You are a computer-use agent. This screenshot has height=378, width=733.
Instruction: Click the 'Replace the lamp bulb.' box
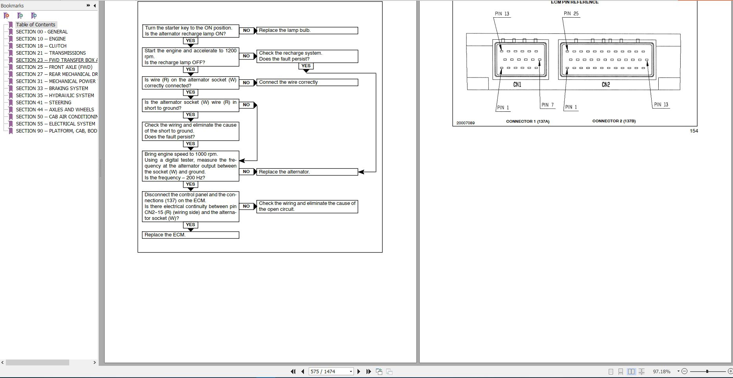pyautogui.click(x=307, y=30)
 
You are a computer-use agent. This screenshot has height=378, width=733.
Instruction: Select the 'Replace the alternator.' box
pyautogui.click(x=307, y=172)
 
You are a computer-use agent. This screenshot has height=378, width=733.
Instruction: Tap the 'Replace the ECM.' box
pyautogui.click(x=190, y=235)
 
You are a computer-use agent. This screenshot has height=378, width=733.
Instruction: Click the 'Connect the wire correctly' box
pyautogui.click(x=307, y=82)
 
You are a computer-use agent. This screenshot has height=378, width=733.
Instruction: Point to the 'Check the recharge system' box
pyautogui.click(x=307, y=56)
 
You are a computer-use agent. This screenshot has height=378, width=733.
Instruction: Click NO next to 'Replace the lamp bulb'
pyautogui.click(x=247, y=30)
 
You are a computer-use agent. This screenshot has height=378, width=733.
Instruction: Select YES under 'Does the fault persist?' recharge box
pyautogui.click(x=306, y=66)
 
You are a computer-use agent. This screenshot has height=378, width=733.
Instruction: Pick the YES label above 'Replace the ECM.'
pyautogui.click(x=190, y=225)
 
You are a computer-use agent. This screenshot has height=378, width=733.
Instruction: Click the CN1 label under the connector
pyautogui.click(x=517, y=85)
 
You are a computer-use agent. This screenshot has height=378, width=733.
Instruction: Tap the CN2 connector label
pyautogui.click(x=606, y=85)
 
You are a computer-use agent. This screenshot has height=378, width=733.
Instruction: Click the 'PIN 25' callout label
pyautogui.click(x=571, y=13)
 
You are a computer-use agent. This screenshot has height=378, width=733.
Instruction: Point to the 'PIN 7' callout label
pyautogui.click(x=547, y=105)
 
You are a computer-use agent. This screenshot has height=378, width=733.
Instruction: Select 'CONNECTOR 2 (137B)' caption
pyautogui.click(x=614, y=121)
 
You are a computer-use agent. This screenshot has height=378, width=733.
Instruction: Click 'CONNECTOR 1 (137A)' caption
pyautogui.click(x=528, y=122)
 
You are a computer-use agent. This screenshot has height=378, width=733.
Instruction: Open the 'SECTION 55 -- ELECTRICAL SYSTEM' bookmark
pyautogui.click(x=55, y=124)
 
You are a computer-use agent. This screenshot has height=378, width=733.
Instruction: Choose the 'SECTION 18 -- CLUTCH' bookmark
pyautogui.click(x=41, y=46)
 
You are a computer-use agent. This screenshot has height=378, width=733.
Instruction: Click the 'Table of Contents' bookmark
pyautogui.click(x=35, y=24)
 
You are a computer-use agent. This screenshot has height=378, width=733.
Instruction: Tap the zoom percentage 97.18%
pyautogui.click(x=662, y=371)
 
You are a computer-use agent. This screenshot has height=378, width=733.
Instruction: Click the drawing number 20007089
pyautogui.click(x=466, y=123)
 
